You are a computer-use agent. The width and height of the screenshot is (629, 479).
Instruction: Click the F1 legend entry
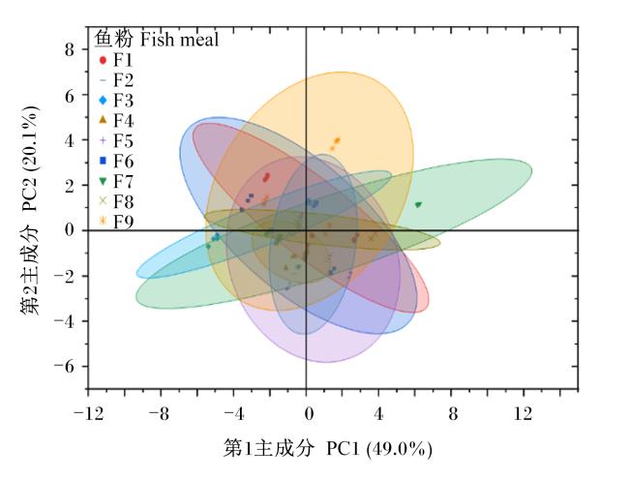(x=115, y=60)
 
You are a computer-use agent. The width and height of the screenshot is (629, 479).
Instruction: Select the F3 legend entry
(x=115, y=101)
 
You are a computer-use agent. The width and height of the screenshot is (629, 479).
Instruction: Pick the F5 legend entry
(x=115, y=141)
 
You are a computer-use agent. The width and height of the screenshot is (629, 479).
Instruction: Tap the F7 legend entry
(x=115, y=181)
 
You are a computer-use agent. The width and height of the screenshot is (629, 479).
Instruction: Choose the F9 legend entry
(x=115, y=221)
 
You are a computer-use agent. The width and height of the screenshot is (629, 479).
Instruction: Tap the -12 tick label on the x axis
(x=89, y=413)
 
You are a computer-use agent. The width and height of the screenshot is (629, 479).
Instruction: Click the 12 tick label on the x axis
(x=524, y=413)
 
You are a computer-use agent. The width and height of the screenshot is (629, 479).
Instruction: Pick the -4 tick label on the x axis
(x=234, y=413)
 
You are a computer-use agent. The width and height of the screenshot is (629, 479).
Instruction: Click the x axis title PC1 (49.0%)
(x=379, y=448)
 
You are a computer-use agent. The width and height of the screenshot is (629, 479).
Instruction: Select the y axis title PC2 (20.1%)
(x=30, y=159)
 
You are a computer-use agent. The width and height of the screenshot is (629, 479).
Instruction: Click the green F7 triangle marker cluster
(x=418, y=204)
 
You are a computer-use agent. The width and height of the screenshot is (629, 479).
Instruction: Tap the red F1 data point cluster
(x=266, y=177)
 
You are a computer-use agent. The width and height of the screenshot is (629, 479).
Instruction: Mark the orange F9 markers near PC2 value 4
(x=335, y=143)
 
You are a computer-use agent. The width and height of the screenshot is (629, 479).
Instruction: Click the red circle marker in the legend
(x=104, y=60)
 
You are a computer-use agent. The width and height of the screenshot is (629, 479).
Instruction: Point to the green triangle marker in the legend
(x=104, y=182)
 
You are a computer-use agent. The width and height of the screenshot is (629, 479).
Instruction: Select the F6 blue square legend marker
(x=104, y=161)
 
